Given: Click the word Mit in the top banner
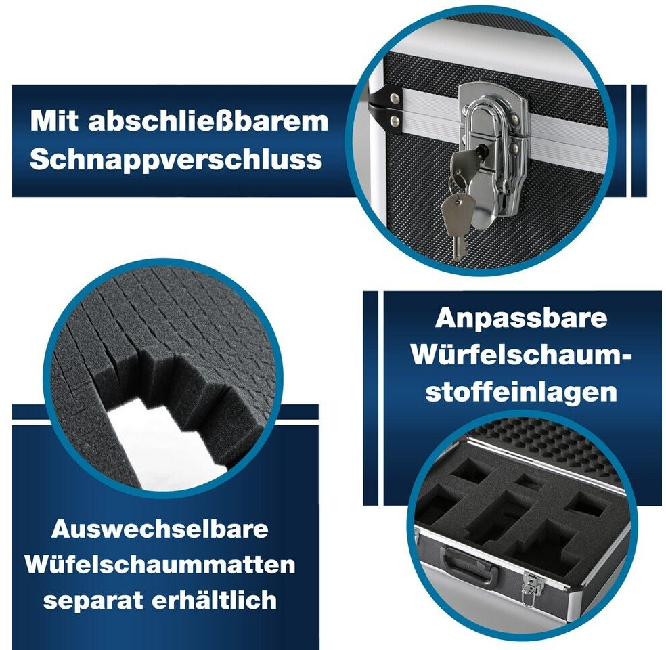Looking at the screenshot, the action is point(54,121).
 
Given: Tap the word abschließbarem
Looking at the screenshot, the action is point(208,121).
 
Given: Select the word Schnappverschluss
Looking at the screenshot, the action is point(175,160).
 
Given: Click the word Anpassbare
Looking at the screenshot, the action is point(521,318).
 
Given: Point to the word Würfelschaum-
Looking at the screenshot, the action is point(521,355).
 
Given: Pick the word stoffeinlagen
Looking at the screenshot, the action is point(521,391).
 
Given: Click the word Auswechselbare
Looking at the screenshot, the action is point(160,529).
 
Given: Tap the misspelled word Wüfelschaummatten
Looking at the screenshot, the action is point(160,565).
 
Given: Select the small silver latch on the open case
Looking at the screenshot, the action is point(532,584).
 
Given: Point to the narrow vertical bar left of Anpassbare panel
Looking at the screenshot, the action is point(370,398).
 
